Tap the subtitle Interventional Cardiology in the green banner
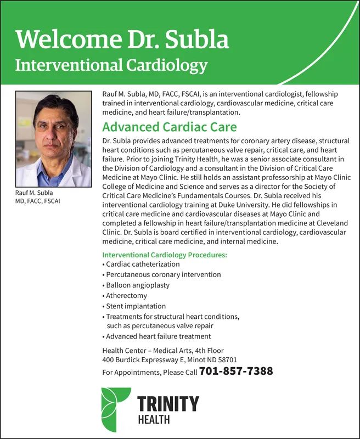(111, 66)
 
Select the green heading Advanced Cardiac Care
(170, 127)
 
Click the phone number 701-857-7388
(236, 372)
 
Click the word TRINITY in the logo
(168, 404)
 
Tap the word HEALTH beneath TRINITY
(153, 420)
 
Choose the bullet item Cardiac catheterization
(143, 264)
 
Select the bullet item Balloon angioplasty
(138, 285)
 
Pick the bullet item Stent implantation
(136, 306)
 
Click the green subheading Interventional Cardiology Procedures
(165, 255)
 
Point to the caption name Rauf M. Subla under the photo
(34, 193)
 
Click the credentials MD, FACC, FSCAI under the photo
(38, 201)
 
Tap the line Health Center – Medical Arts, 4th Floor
(163, 351)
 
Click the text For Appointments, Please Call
(150, 373)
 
